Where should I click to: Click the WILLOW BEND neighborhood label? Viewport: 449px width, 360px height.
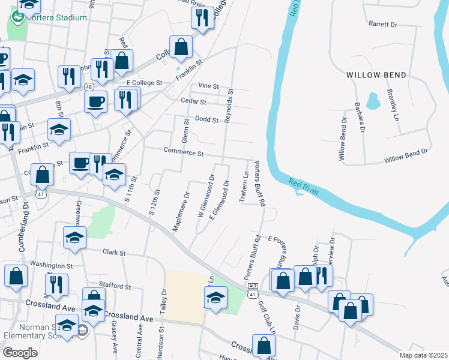[x=376, y=75]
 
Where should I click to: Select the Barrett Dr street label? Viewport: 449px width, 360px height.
[x=384, y=25]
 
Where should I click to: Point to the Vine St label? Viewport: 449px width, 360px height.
[x=208, y=86]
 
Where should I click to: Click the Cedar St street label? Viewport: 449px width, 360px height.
[x=194, y=102]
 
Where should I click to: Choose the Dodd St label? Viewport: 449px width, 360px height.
[x=206, y=119]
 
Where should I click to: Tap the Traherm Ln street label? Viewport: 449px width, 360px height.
[x=244, y=188]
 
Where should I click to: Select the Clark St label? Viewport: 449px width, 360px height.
[x=113, y=253]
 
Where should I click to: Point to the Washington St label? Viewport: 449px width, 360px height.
[x=51, y=265]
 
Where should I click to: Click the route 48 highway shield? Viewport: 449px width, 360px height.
[x=89, y=86]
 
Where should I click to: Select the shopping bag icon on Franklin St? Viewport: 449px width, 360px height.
[x=181, y=47]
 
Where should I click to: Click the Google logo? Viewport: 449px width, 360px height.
[x=20, y=353]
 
